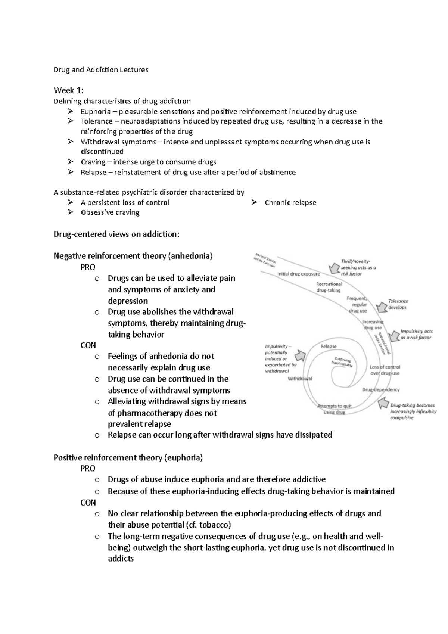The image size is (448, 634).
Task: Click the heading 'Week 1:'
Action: (x=69, y=90)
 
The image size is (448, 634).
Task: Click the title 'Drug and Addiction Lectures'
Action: (x=101, y=70)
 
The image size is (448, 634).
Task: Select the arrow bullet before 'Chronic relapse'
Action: (x=254, y=202)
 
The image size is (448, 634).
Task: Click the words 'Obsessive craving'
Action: (x=110, y=212)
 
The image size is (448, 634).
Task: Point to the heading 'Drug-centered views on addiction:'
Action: (x=116, y=234)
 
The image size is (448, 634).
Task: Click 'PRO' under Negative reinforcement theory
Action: (x=88, y=267)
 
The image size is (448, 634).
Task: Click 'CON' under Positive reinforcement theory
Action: (x=88, y=503)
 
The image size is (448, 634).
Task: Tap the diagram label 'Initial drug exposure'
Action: (x=298, y=274)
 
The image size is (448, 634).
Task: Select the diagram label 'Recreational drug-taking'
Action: (x=329, y=287)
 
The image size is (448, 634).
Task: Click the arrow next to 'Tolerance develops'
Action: (x=381, y=307)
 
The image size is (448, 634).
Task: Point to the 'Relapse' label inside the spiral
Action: (x=329, y=346)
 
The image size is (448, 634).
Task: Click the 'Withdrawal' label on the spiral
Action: (x=300, y=379)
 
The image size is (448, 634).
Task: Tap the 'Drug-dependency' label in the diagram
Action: (x=380, y=389)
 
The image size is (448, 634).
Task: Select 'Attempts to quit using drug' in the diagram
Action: (x=334, y=409)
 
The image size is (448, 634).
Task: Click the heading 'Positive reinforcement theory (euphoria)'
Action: (x=128, y=458)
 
